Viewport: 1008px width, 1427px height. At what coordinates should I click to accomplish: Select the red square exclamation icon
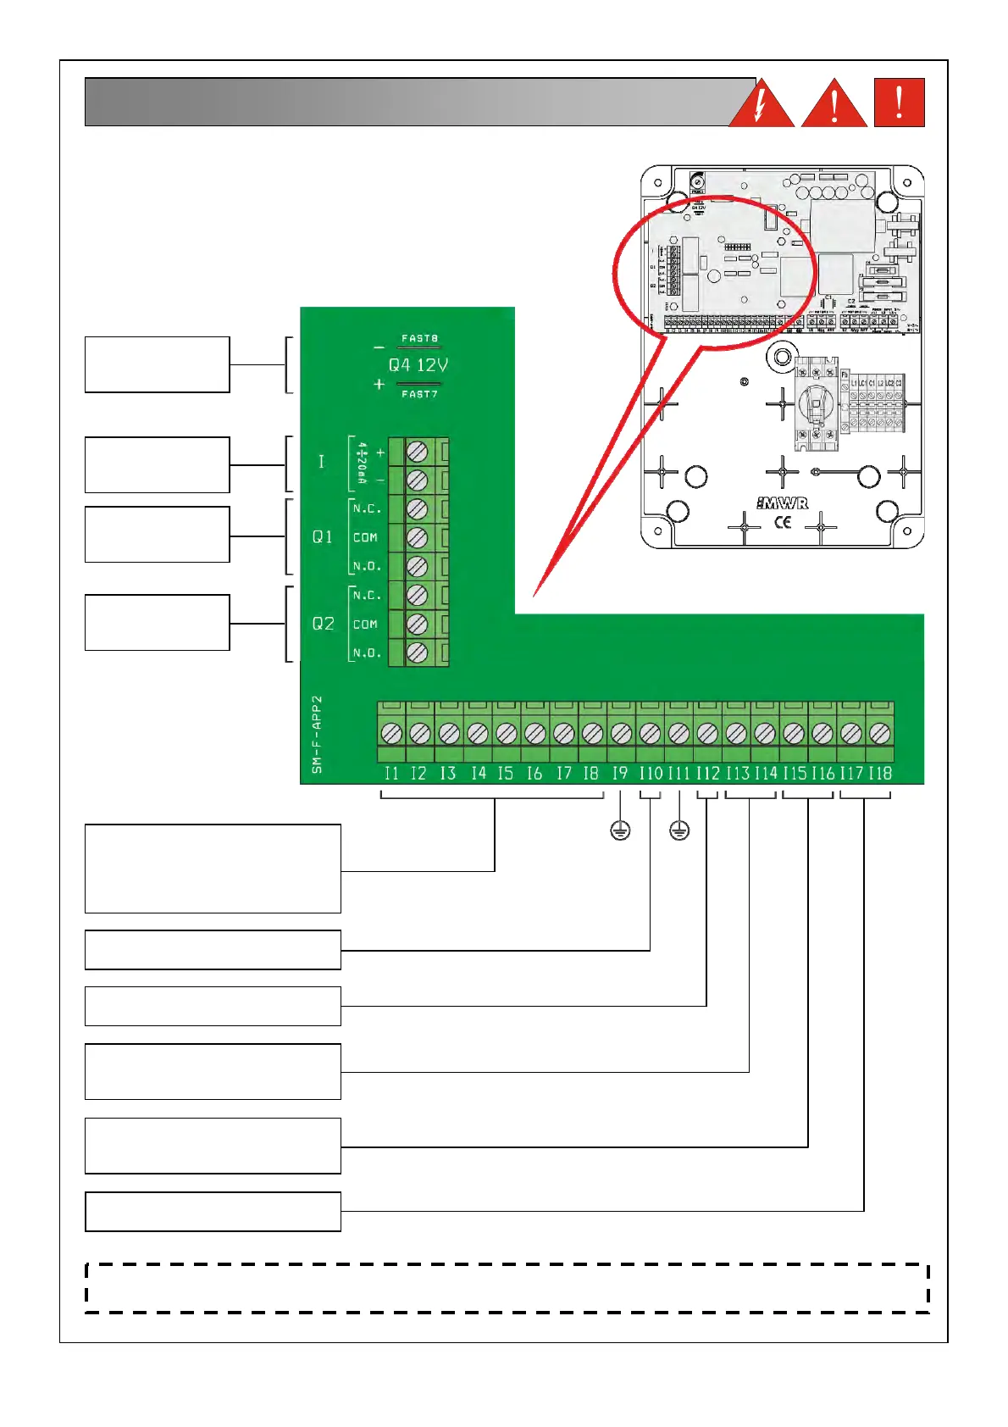tap(899, 103)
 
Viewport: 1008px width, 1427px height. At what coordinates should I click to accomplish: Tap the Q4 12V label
tap(418, 365)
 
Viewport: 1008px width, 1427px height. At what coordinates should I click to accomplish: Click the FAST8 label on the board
tap(419, 338)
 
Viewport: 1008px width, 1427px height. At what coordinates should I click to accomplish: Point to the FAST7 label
tap(419, 394)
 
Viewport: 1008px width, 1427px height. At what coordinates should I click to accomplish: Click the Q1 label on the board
tap(322, 536)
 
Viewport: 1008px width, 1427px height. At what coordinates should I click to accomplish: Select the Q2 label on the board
tap(323, 624)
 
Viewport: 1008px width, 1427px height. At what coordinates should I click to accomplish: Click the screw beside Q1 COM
tap(417, 537)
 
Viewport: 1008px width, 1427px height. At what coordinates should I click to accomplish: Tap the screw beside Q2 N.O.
tap(417, 652)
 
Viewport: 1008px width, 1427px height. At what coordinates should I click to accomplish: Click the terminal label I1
tap(390, 773)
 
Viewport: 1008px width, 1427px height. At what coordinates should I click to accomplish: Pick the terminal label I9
tap(620, 773)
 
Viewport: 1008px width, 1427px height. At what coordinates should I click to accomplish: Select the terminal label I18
tap(880, 773)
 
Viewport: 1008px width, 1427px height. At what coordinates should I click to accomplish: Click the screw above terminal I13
tap(736, 732)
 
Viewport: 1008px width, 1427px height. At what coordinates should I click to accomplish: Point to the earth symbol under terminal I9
tap(620, 830)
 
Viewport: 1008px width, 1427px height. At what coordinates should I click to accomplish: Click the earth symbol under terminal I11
tap(679, 830)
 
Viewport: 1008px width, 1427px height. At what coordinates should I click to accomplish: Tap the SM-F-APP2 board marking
tap(317, 735)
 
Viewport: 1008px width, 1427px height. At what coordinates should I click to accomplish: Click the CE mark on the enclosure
tap(783, 522)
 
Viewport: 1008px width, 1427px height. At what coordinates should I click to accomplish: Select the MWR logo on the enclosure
tap(782, 503)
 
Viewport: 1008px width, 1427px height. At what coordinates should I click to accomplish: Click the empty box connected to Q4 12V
tap(157, 364)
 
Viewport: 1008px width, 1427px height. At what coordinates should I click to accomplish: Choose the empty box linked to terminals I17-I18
tap(213, 1211)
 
